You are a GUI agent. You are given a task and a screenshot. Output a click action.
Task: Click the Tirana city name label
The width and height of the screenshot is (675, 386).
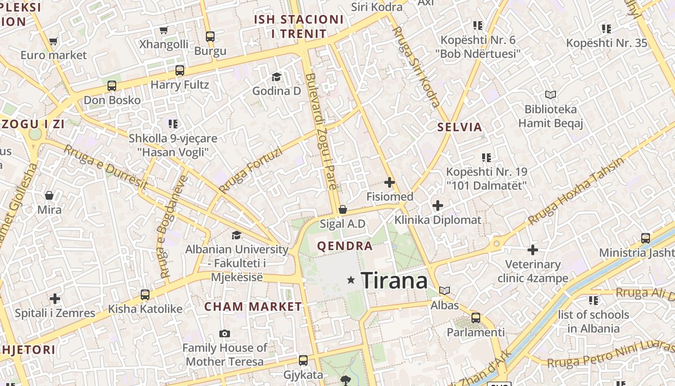394,280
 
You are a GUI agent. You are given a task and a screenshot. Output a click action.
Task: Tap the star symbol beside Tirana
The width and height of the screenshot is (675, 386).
351,280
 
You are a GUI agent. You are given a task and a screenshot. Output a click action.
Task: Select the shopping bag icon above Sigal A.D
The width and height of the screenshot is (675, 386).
342,209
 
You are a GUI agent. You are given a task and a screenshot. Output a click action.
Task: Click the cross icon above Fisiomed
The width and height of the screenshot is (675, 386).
390,182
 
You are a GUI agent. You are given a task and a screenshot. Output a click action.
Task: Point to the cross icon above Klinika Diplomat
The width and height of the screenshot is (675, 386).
437,206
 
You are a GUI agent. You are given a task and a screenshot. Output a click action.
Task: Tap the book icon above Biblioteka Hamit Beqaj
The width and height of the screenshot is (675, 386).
550,95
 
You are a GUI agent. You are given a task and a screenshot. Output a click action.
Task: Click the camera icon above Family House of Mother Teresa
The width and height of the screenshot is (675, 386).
224,333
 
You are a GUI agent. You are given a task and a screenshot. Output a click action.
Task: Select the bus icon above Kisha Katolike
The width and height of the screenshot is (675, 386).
145,294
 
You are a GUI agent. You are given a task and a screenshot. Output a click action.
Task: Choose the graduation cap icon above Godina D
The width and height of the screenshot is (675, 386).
276,77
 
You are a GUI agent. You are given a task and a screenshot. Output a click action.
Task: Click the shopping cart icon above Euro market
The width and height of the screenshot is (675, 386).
53,41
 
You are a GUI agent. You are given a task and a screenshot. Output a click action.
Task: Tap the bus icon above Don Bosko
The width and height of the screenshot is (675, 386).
112,86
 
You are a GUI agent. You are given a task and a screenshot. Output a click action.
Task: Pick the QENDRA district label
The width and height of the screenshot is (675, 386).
345,246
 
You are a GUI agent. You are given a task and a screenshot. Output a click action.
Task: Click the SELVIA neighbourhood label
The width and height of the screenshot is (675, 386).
459,127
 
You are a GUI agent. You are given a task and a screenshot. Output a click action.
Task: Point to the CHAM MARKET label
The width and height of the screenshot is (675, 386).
253,307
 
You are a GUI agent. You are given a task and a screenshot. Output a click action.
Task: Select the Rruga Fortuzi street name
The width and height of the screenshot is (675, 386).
250,170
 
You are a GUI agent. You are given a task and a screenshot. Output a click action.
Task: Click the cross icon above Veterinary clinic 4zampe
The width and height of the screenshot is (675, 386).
532,250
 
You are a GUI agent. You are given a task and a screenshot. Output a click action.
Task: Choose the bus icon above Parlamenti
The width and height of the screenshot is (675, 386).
476,318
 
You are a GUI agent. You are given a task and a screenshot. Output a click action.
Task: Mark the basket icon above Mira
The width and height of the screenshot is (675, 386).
49,195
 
